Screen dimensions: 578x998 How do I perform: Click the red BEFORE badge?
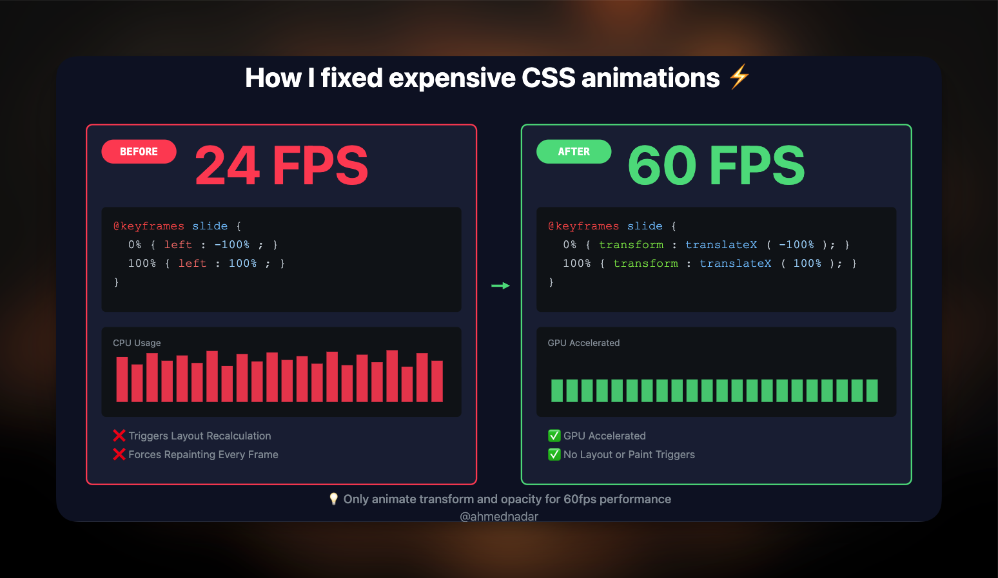[x=139, y=151]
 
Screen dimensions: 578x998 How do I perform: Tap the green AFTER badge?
[x=574, y=151]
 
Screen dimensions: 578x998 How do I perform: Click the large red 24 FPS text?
[x=281, y=166]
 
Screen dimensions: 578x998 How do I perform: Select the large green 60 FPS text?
[x=716, y=166]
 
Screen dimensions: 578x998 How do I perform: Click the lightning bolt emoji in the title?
[x=739, y=77]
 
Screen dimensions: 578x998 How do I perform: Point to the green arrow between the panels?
[x=500, y=285]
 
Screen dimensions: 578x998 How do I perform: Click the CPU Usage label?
[x=137, y=343]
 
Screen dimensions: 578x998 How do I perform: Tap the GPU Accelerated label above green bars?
[x=583, y=343]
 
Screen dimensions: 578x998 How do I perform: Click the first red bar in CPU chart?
[x=122, y=380]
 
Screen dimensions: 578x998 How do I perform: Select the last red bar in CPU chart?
[x=437, y=381]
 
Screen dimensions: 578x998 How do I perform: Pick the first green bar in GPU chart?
[x=557, y=390]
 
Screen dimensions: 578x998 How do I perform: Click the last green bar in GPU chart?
[x=872, y=390]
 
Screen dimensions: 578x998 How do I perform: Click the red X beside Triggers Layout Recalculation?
[x=119, y=436]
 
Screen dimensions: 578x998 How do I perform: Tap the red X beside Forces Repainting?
[x=119, y=454]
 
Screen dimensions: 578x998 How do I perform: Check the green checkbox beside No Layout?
[x=554, y=454]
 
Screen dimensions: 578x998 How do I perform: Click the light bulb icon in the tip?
[x=333, y=499]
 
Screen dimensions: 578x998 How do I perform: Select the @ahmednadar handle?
[x=499, y=516]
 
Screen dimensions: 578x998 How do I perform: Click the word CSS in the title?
[x=548, y=78]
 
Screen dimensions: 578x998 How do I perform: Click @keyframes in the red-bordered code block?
[x=149, y=226]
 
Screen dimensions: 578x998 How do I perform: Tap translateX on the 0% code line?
[x=721, y=245]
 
